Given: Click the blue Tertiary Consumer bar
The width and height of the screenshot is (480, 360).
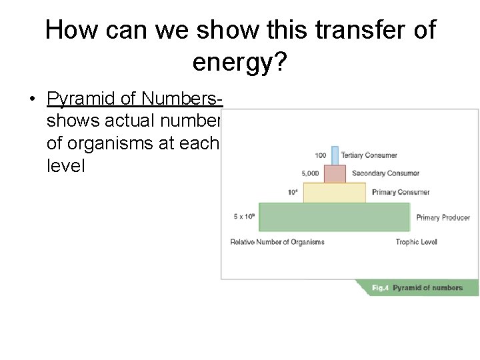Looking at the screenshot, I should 335,155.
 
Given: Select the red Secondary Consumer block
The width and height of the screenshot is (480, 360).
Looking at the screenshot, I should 335,173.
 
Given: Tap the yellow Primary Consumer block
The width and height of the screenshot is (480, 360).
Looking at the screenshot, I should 335,192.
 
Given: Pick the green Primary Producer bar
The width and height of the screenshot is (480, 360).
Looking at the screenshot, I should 334,217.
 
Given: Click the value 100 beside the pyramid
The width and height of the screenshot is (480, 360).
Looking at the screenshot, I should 320,155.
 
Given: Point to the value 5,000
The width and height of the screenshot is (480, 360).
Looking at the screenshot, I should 310,173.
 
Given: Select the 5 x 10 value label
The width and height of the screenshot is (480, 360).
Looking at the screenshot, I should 244,217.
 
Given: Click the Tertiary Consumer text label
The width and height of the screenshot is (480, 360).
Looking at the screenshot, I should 369,155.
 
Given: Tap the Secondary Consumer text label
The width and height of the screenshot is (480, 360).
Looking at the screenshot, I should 385,173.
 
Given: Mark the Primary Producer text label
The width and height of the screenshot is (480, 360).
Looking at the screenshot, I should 443,217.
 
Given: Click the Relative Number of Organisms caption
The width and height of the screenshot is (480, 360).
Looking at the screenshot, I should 277,242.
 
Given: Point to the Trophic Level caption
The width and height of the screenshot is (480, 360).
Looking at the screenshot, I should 416,242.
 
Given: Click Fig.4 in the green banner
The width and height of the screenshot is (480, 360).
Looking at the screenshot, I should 380,288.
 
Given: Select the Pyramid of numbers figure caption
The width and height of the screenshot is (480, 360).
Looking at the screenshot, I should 427,288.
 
